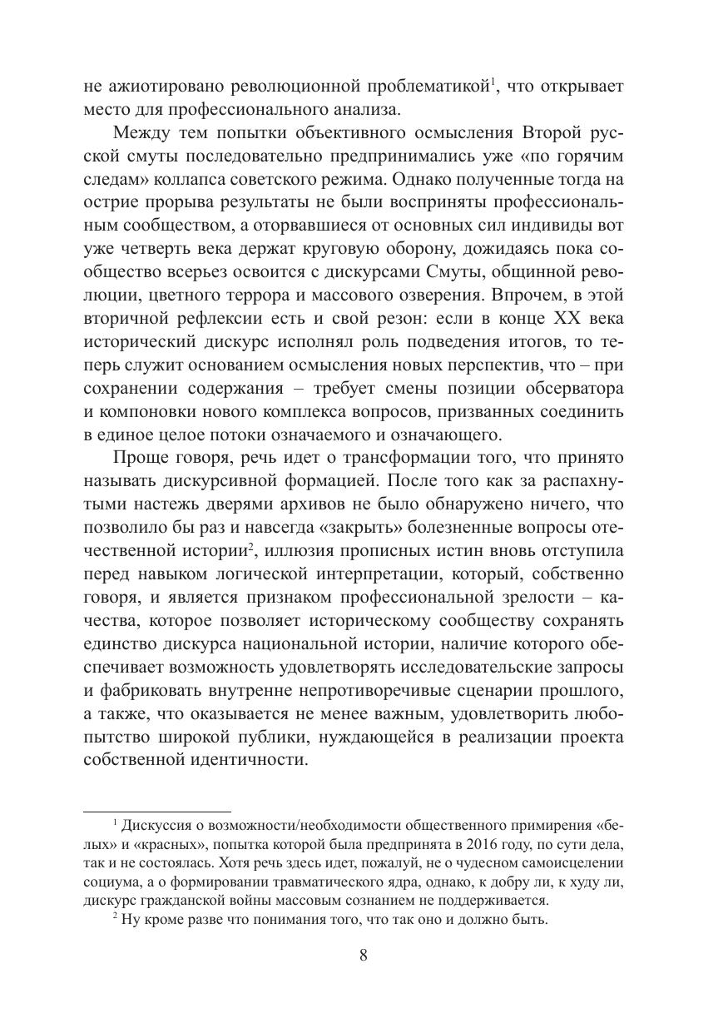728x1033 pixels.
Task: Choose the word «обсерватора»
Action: (x=570, y=388)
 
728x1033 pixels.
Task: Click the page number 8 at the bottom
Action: (x=364, y=956)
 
